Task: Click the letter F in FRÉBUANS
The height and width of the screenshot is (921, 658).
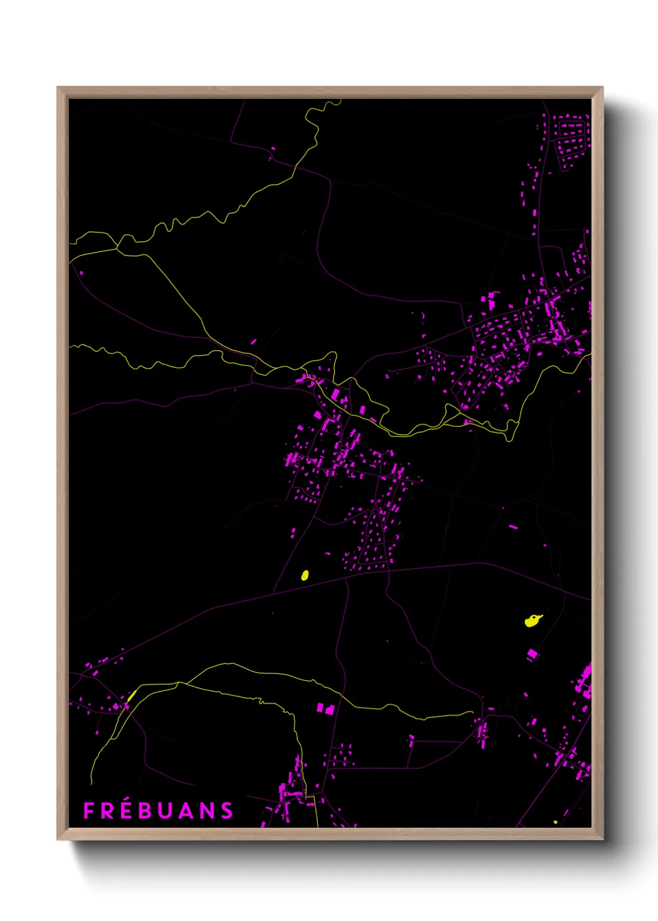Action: (88, 811)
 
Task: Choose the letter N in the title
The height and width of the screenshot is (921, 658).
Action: (206, 811)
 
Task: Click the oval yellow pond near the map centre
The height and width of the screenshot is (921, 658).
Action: (305, 575)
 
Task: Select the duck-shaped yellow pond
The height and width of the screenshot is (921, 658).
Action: (532, 620)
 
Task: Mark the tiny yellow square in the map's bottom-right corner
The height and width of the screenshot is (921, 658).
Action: (555, 822)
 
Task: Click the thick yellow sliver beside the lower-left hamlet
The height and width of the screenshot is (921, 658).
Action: (131, 695)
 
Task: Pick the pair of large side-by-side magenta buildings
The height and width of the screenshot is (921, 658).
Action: (325, 708)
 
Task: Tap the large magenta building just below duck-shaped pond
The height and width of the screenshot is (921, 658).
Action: (532, 654)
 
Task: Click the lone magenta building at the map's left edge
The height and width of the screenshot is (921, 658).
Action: (81, 272)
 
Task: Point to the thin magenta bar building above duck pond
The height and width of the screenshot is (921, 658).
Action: (513, 527)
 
